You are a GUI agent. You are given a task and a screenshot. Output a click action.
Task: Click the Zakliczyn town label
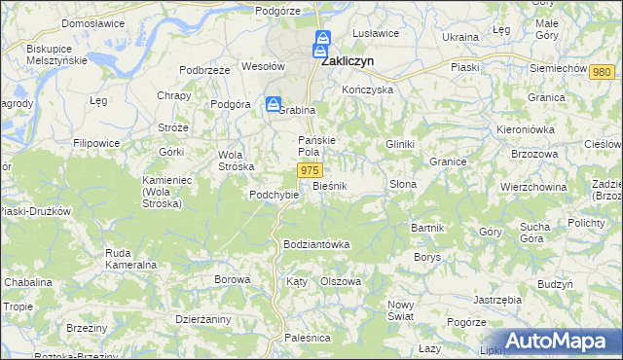click(x=349, y=58)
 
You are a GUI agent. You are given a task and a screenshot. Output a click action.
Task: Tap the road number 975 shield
click(x=309, y=170)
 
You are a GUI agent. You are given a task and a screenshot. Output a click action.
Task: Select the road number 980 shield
click(x=603, y=73)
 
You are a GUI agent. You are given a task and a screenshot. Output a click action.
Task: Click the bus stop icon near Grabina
click(x=275, y=104)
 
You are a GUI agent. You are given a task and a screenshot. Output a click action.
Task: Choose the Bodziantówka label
click(x=315, y=244)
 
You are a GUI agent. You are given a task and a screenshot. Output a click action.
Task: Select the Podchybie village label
click(x=274, y=195)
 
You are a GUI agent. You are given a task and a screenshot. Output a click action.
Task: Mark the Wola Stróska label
click(x=229, y=160)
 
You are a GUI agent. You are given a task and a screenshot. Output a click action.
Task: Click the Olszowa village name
click(x=342, y=280)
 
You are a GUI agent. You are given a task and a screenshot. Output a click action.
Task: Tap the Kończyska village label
click(x=367, y=89)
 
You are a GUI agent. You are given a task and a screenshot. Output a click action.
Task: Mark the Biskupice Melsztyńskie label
click(x=57, y=54)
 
